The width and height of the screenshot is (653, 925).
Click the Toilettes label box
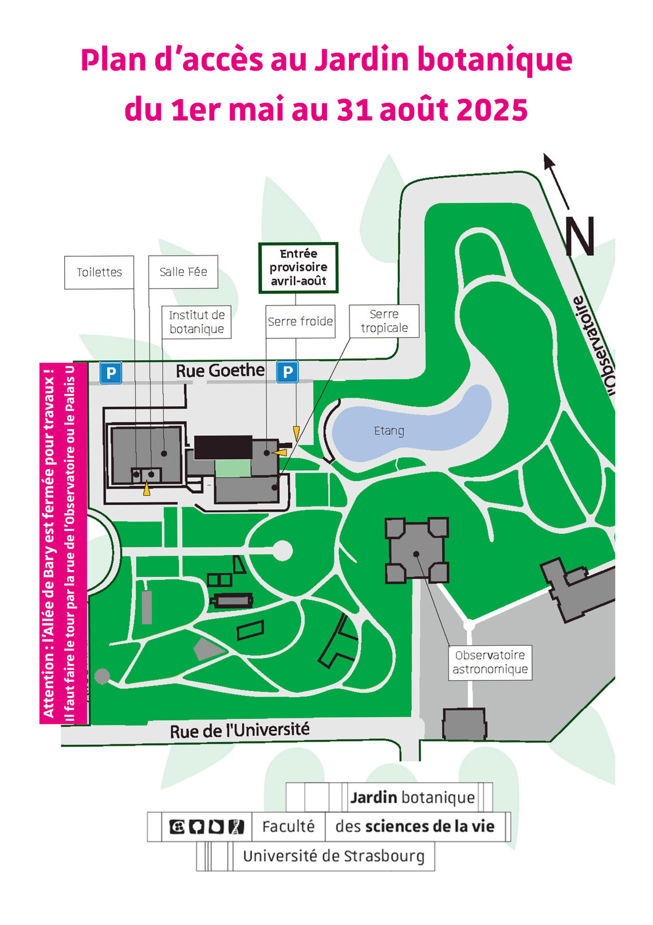[99, 272]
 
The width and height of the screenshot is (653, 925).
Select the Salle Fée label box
[183, 272]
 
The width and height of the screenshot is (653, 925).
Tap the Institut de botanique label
[196, 322]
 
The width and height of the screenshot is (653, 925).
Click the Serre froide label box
[300, 321]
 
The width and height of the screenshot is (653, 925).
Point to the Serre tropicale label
[384, 321]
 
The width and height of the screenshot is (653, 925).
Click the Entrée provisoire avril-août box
[298, 267]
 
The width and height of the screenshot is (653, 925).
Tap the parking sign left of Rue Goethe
[111, 373]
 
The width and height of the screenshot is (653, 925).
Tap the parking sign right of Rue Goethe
[288, 372]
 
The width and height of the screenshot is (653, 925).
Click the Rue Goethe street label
[220, 371]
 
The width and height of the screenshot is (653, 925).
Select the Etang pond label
[389, 431]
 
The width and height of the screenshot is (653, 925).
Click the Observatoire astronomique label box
[490, 662]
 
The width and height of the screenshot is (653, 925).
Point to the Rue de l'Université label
[239, 731]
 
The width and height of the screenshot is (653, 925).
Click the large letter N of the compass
[580, 236]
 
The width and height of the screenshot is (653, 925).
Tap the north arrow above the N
[556, 180]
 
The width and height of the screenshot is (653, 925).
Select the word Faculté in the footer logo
[288, 826]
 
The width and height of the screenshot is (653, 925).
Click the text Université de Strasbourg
[333, 856]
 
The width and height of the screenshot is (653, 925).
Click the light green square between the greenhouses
[233, 468]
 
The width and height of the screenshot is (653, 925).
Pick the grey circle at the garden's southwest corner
[102, 677]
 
